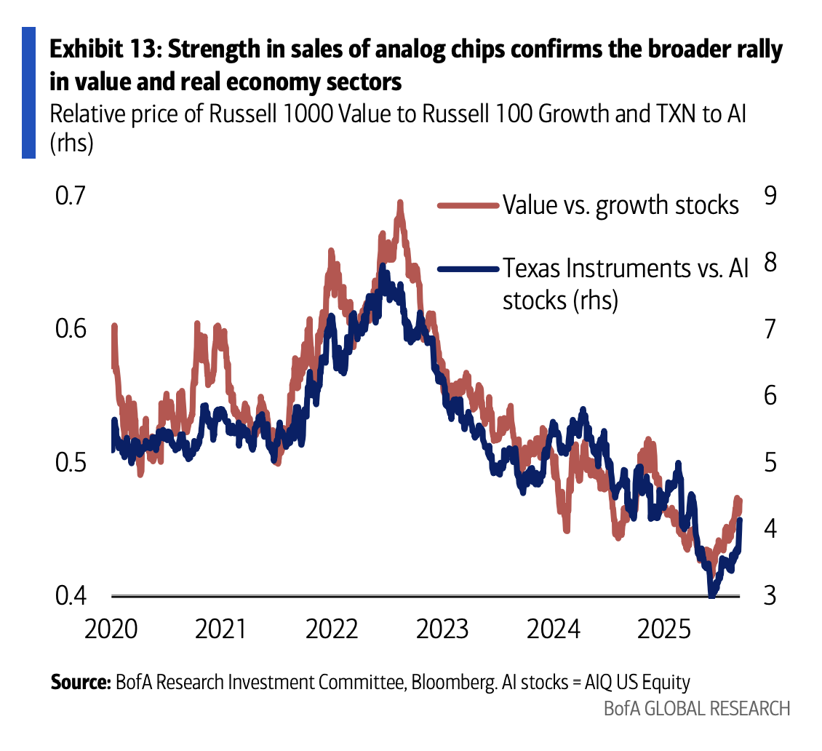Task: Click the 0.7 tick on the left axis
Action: point(71,197)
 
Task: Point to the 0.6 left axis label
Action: point(71,329)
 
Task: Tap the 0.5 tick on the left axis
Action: point(71,463)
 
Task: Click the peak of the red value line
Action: point(399,204)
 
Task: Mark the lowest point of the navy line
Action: point(711,595)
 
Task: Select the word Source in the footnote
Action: point(79,683)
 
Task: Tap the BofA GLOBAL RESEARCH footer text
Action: point(696,708)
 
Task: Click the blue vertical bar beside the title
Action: point(28,92)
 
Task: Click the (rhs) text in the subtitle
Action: point(71,143)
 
